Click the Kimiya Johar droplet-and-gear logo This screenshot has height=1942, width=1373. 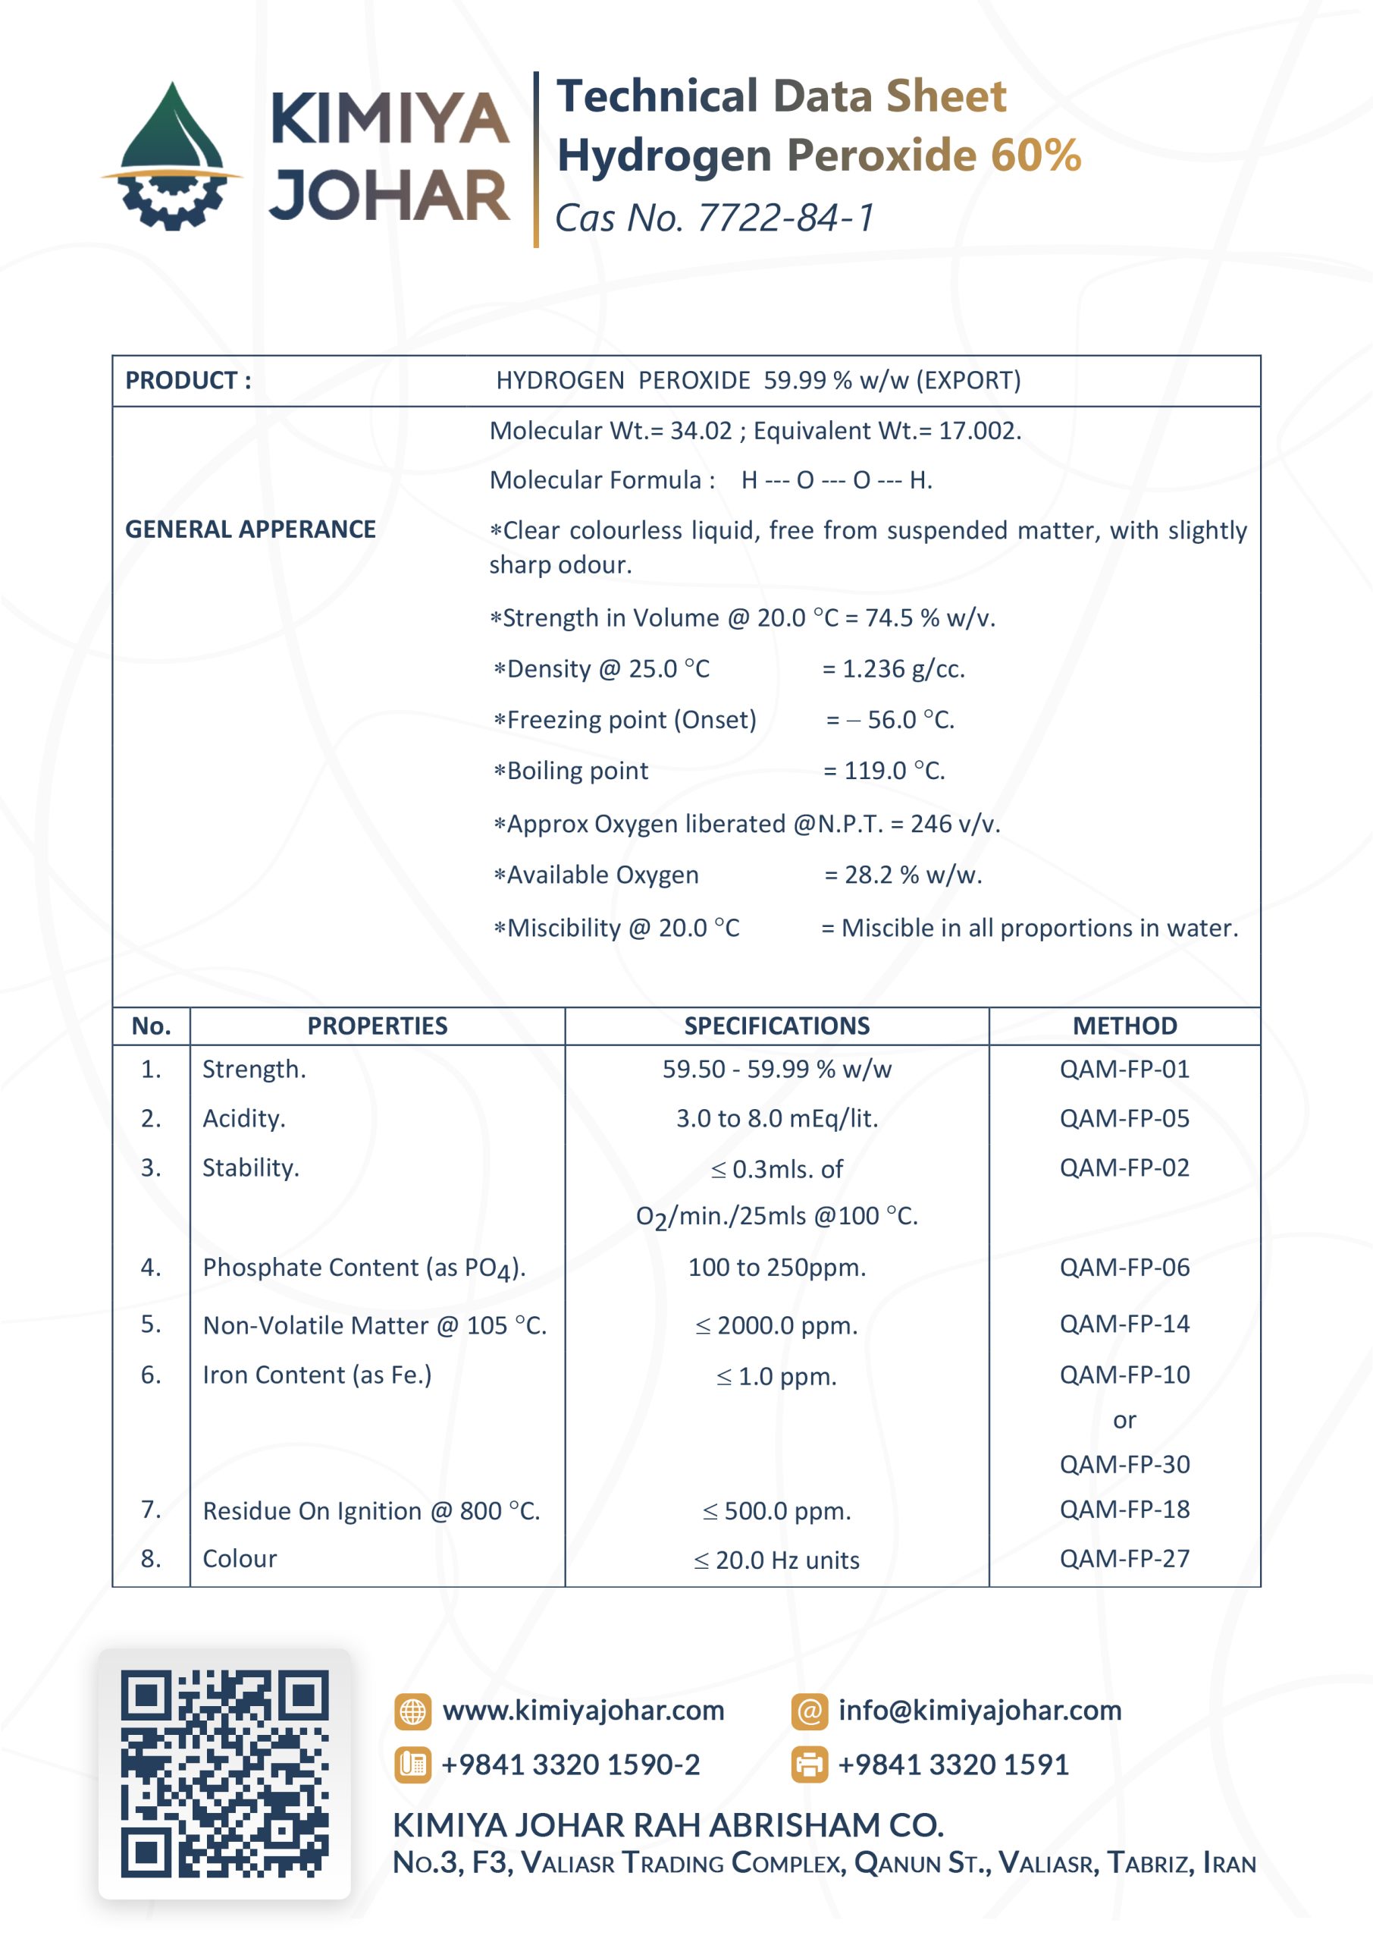pos(171,156)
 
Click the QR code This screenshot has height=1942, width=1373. pos(224,1774)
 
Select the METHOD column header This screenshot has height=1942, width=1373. pos(1124,1026)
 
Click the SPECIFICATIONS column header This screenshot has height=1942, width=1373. pos(776,1026)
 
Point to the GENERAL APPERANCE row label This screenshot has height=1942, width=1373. pos(250,529)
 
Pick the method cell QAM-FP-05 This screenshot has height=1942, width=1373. pos(1124,1118)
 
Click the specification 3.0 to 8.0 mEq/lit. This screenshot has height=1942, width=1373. pos(776,1119)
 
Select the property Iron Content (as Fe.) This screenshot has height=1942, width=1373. pos(317,1375)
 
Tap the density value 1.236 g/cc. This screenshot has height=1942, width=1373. pos(903,669)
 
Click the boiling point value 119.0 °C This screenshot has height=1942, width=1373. pos(894,771)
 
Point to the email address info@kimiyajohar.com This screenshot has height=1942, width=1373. pos(979,1710)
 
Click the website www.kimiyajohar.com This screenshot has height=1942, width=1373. pos(583,1710)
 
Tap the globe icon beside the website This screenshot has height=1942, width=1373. pos(412,1711)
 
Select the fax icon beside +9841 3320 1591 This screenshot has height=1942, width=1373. pos(809,1764)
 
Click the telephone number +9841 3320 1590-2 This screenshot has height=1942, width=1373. pos(571,1764)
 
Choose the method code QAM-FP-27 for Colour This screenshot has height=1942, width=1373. pos(1124,1558)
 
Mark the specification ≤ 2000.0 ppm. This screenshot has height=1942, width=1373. pos(776,1325)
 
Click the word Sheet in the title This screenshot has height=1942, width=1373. pos(945,96)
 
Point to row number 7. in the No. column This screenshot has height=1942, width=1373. pos(150,1509)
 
